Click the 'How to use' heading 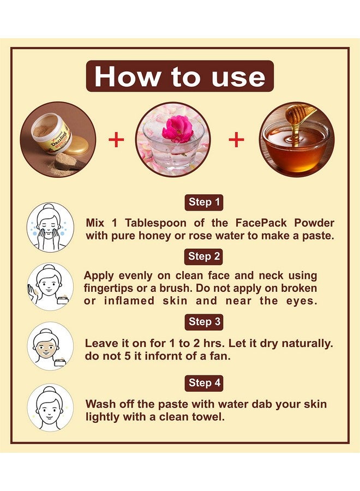click(x=179, y=76)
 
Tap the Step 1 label click(x=205, y=202)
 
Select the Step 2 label click(x=205, y=256)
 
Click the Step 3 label click(x=205, y=322)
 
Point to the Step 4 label click(x=205, y=382)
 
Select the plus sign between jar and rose click(x=116, y=140)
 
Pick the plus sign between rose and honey click(x=236, y=140)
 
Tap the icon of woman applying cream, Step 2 click(x=50, y=286)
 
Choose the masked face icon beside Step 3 click(x=50, y=346)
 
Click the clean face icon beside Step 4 click(x=50, y=408)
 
